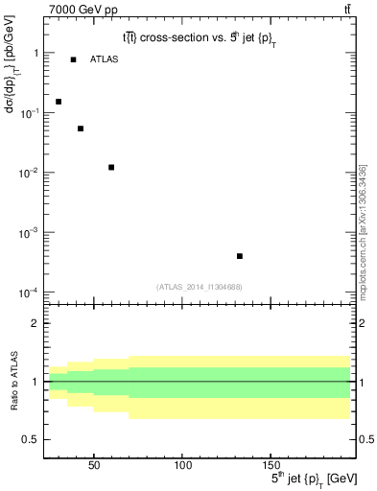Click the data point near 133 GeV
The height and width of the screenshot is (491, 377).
pyautogui.click(x=239, y=256)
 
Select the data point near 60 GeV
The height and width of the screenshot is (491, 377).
pyautogui.click(x=111, y=168)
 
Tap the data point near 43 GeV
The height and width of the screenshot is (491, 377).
pyautogui.click(x=81, y=129)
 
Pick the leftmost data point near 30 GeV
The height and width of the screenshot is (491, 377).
pyautogui.click(x=59, y=102)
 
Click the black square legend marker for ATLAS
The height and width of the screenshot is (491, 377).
pyautogui.click(x=73, y=60)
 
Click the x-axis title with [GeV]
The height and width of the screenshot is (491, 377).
pyautogui.click(x=296, y=478)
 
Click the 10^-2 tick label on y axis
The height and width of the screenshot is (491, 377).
pyautogui.click(x=28, y=174)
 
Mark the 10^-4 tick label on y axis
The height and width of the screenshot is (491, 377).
pyautogui.click(x=28, y=292)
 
